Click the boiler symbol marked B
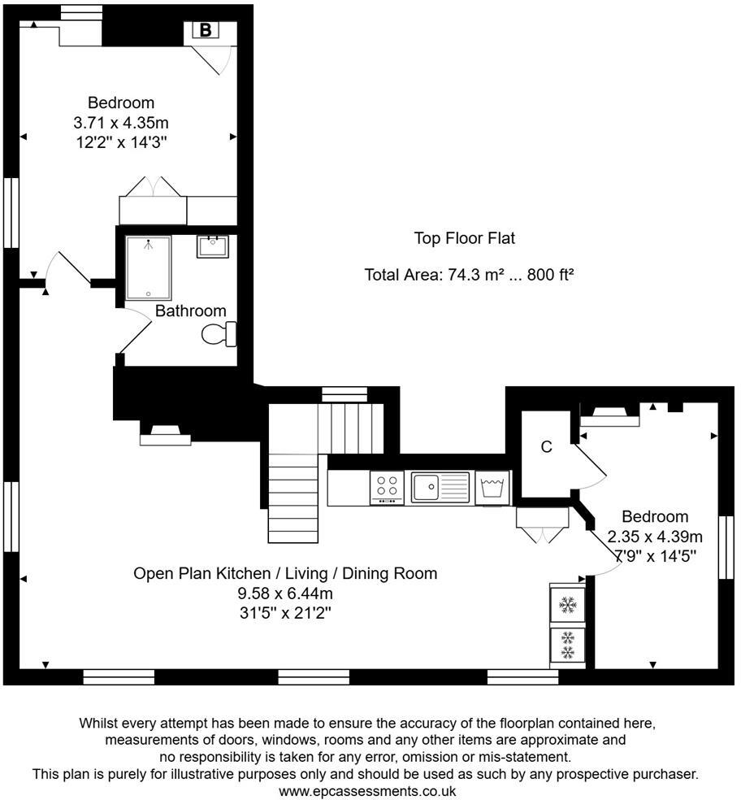point(206,30)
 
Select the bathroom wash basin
point(213,246)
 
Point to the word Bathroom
point(191,311)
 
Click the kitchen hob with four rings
point(387,488)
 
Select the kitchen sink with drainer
point(440,488)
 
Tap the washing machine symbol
point(492,488)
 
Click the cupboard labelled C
point(547,447)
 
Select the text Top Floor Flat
point(465,238)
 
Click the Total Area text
point(469,275)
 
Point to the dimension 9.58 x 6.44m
point(285,593)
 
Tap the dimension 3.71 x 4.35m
point(121,123)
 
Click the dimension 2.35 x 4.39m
point(655,537)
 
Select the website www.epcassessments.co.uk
point(367,790)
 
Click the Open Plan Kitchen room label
point(285,573)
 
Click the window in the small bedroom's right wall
point(726,547)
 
